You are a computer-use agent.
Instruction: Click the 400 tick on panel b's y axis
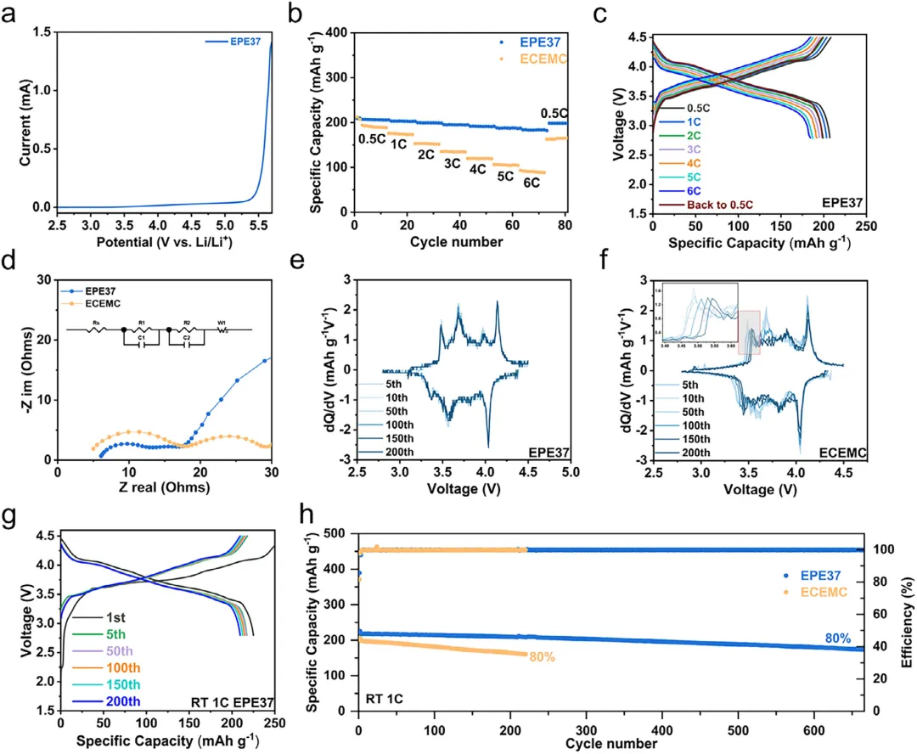(335, 32)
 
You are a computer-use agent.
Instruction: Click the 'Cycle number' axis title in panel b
(461, 243)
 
